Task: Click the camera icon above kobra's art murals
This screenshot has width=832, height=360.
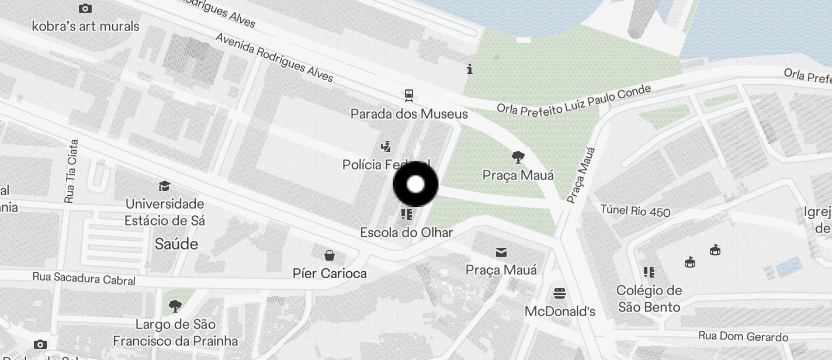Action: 85,8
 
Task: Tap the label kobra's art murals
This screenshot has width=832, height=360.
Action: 85,26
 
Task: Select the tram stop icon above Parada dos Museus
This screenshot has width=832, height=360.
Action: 409,95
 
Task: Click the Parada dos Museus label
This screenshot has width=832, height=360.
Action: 409,113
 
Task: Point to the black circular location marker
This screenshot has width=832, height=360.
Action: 415,185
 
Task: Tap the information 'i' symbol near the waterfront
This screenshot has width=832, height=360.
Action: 470,70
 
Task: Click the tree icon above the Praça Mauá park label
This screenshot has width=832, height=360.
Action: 518,157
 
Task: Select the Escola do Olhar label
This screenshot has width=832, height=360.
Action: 406,233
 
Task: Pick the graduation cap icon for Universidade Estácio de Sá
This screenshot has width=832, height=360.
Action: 164,186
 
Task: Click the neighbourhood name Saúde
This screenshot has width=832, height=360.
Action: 176,244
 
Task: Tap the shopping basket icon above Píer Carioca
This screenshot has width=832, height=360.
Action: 330,255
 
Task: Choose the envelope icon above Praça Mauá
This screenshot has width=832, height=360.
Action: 501,252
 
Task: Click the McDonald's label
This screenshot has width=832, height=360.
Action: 560,311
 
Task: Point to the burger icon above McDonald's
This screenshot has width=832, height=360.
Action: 560,293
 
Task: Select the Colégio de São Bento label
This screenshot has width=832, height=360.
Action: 649,299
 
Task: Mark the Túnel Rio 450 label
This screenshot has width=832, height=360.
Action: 636,210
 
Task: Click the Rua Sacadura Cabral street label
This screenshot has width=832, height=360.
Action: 84,279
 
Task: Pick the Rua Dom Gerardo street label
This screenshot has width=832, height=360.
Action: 743,337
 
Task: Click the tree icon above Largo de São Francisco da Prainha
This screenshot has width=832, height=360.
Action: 175,306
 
